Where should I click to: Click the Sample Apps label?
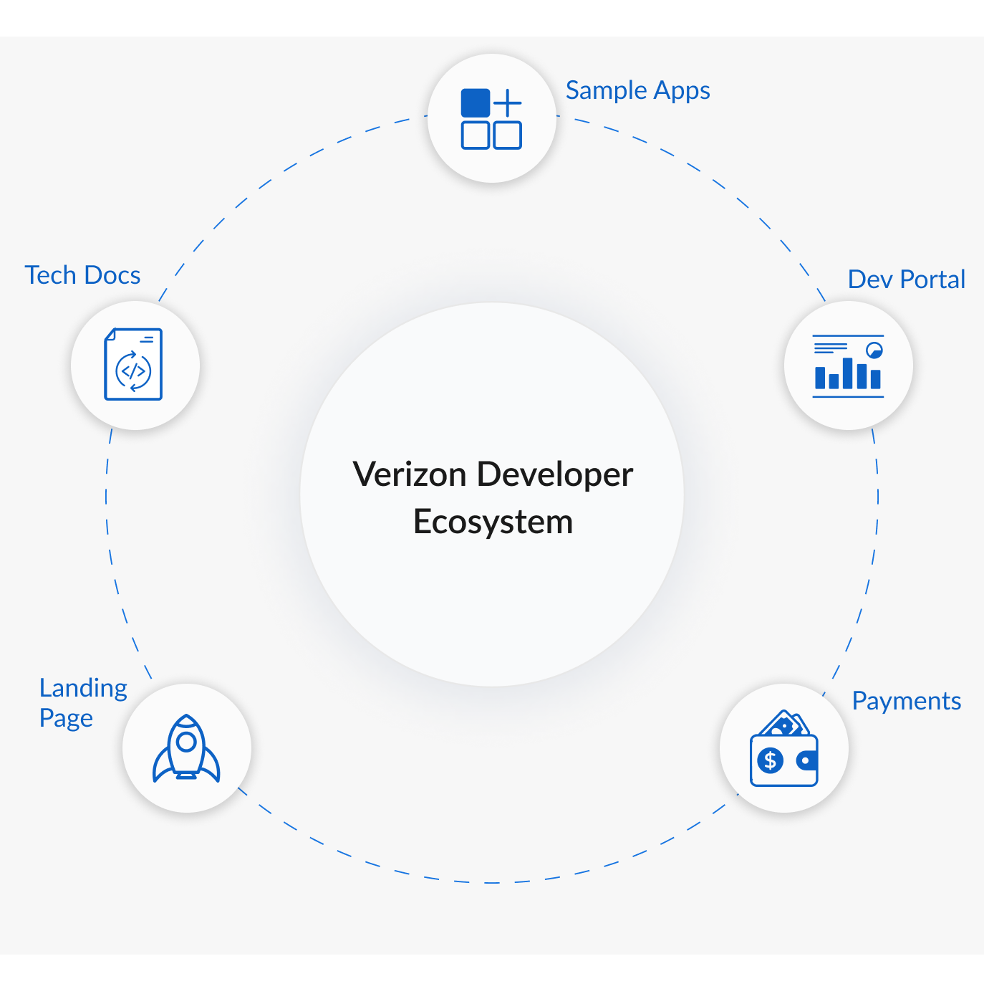[637, 91]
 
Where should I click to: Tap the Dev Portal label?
[906, 279]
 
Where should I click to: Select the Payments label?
[906, 701]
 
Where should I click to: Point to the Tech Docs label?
[82, 275]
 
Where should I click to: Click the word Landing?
[83, 688]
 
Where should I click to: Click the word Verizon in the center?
[410, 474]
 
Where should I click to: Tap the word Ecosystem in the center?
[493, 522]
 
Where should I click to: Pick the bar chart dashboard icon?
[848, 365]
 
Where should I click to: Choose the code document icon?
[134, 364]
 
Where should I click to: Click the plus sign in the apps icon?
[508, 103]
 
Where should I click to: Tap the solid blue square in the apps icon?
[476, 103]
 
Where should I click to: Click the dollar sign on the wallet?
[771, 760]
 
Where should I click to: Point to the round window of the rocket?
[186, 741]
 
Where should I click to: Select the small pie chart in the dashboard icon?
[874, 350]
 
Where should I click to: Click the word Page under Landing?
[66, 718]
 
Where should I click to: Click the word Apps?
[682, 91]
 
